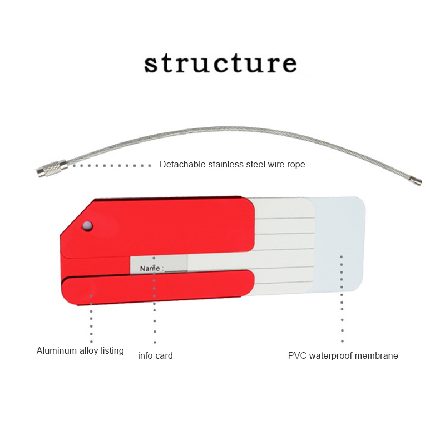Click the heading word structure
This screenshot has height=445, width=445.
220,63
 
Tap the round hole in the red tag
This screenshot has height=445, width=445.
87,225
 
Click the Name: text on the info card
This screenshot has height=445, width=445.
151,268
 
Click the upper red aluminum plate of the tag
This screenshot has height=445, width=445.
167,225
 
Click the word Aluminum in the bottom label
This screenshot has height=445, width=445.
57,351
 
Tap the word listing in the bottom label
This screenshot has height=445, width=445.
113,351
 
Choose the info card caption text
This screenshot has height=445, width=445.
155,355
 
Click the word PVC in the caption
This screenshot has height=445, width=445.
297,355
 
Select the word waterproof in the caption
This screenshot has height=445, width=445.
334,355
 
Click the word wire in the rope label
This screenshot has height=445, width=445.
274,165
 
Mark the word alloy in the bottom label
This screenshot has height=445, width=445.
89,351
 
